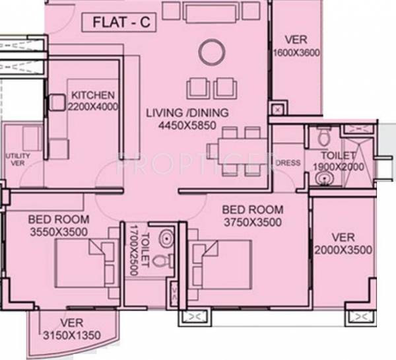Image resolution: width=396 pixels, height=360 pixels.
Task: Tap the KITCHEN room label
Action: [93, 95]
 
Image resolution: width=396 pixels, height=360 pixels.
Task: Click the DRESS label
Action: [288, 163]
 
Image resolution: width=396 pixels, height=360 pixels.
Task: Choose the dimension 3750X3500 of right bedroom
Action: [253, 222]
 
